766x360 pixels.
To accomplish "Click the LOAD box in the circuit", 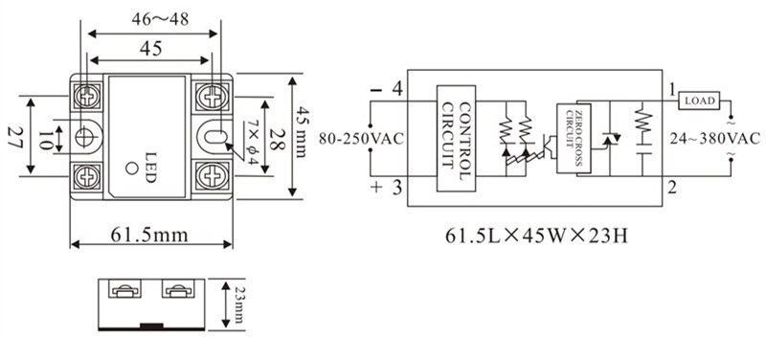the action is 700,101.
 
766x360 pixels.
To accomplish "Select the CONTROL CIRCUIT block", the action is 456,138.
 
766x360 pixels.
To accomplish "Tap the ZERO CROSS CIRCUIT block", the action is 574,138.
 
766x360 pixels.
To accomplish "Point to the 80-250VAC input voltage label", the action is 362,139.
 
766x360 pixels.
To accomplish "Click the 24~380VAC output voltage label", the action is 715,139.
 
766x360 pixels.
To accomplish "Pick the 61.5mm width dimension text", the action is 148,235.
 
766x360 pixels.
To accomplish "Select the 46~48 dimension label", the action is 160,19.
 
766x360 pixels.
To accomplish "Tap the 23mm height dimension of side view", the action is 238,304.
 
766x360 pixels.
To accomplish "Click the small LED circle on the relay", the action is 131,169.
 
